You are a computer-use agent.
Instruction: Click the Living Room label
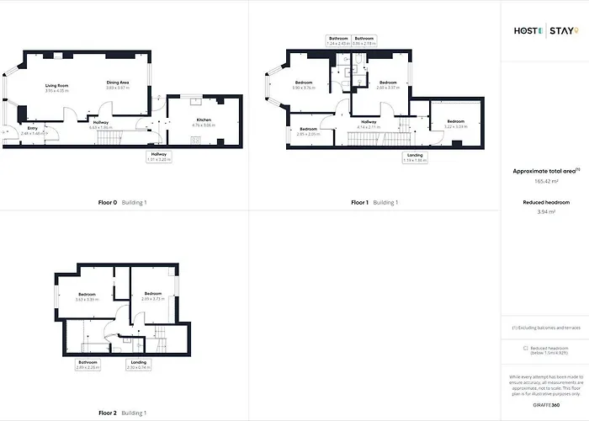click(x=56, y=88)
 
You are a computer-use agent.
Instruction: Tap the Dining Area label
click(x=117, y=85)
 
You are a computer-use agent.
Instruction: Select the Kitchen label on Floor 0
click(x=203, y=122)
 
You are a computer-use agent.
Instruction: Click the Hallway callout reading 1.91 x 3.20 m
click(x=159, y=157)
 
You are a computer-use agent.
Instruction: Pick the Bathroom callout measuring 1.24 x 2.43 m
click(x=339, y=40)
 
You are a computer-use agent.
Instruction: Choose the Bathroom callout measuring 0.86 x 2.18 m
click(x=364, y=40)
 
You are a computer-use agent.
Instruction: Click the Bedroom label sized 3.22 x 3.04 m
click(x=455, y=124)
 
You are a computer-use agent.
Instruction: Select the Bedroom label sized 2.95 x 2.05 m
click(x=308, y=131)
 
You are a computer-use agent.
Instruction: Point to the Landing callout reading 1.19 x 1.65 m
click(x=416, y=157)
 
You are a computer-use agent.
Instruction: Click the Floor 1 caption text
click(x=359, y=203)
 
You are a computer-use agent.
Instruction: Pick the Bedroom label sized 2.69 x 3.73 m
click(x=152, y=296)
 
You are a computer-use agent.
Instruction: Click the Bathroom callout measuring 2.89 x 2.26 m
click(x=88, y=365)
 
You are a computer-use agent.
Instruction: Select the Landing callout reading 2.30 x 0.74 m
click(x=138, y=365)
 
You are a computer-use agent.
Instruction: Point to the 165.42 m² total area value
click(x=548, y=181)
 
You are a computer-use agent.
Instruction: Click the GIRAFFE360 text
click(x=548, y=405)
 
